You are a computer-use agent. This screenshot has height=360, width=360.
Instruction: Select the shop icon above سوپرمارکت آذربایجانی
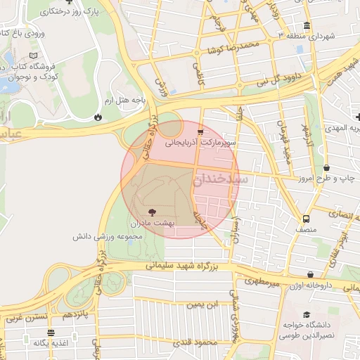[201, 131]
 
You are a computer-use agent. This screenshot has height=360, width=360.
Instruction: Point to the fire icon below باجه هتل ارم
[97, 117]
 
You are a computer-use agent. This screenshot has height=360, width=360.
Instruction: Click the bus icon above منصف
[305, 218]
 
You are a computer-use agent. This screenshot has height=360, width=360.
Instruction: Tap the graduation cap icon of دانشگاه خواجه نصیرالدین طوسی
[306, 315]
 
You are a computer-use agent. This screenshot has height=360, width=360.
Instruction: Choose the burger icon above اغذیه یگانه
[50, 333]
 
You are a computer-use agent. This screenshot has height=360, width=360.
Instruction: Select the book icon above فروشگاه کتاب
[35, 55]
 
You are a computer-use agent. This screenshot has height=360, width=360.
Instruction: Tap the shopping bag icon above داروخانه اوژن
[311, 275]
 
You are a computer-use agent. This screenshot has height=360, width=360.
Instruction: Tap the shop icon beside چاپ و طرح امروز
[327, 168]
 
